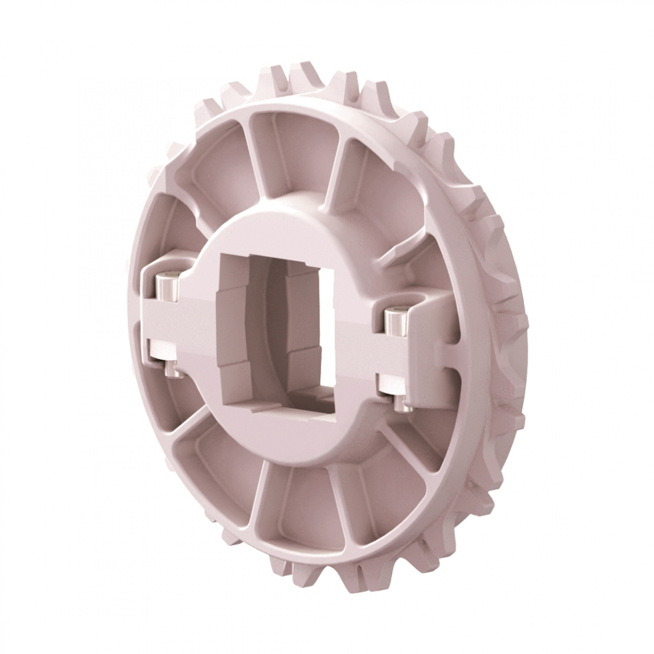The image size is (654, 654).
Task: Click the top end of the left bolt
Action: pos(167,280)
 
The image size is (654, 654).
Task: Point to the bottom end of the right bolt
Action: pos(403,405)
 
